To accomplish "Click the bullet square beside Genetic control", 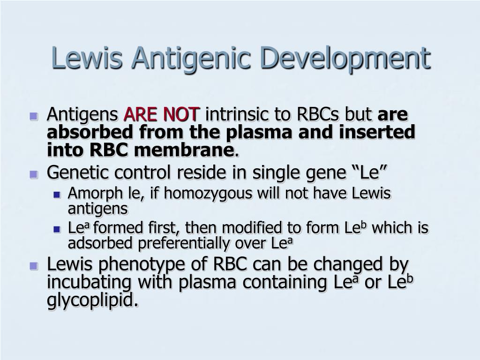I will [34, 174].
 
